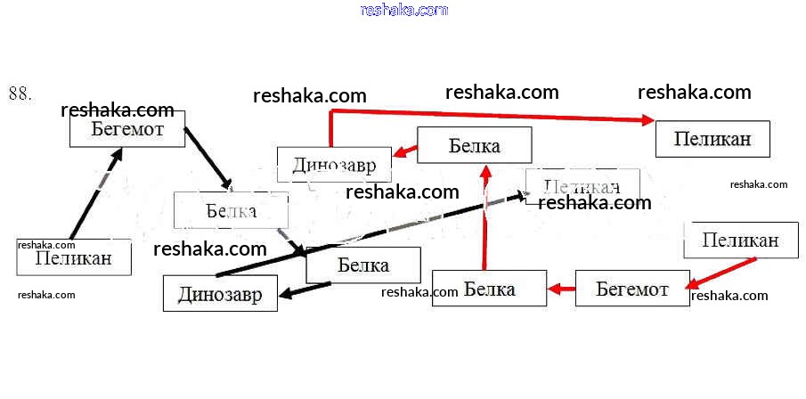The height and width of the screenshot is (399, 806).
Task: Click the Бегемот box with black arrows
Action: (127, 129)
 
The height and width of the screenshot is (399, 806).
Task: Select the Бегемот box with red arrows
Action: (632, 289)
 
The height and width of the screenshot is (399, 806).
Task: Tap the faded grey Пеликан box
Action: (582, 186)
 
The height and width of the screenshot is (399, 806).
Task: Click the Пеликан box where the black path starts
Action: (74, 257)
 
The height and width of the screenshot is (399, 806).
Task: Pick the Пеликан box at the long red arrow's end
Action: (712, 139)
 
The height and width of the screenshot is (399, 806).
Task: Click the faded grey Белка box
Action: (231, 211)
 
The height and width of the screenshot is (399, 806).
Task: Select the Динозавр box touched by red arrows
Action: (333, 165)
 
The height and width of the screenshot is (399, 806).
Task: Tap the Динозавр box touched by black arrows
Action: (220, 294)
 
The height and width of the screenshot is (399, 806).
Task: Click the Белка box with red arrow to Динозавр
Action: (475, 145)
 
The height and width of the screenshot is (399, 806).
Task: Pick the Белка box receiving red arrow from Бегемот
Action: (489, 289)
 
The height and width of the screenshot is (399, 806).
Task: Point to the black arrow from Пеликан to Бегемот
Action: (95, 195)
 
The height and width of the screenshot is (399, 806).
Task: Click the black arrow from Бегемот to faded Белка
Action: (208, 158)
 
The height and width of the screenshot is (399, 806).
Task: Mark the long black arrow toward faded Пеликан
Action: (374, 233)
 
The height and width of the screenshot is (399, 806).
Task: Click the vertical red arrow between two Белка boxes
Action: (485, 218)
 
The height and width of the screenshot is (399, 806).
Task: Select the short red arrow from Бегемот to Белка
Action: (561, 289)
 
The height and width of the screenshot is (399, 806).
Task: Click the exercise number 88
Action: (20, 93)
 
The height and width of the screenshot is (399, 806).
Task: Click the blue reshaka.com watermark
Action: (403, 10)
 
